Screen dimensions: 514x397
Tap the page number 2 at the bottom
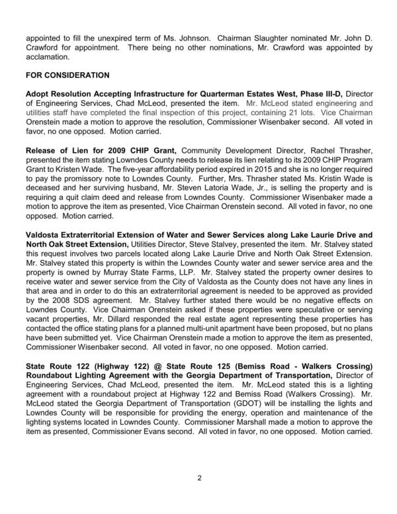198,478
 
